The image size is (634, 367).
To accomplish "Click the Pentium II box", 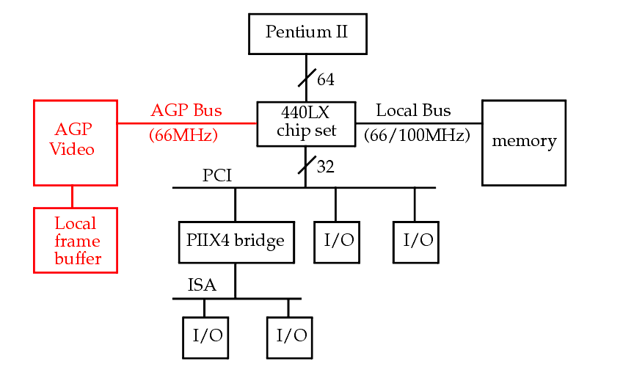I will (307, 33).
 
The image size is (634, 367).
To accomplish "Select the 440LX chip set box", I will (306, 123).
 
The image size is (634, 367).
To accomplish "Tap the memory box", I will (523, 142).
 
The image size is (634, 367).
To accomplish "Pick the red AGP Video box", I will (75, 142).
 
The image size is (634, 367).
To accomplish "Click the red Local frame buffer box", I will (75, 239).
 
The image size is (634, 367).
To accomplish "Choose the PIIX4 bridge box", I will (236, 241).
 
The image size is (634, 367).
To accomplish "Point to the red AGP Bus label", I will (186, 111).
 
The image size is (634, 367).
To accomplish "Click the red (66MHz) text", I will (183, 136).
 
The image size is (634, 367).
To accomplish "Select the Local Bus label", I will (413, 111).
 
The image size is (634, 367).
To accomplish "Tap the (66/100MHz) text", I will (417, 136).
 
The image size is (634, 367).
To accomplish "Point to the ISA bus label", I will (203, 286).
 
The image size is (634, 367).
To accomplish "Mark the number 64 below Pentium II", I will (325, 79).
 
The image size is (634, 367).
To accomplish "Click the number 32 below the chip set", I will (325, 167).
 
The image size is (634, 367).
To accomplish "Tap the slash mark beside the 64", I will (307, 78).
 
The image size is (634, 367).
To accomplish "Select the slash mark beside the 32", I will (307, 166).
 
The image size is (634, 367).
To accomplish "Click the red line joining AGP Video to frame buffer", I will (72, 196).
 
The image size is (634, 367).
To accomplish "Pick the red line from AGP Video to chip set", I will (186, 123).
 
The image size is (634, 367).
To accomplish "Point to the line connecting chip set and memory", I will (418, 123).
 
